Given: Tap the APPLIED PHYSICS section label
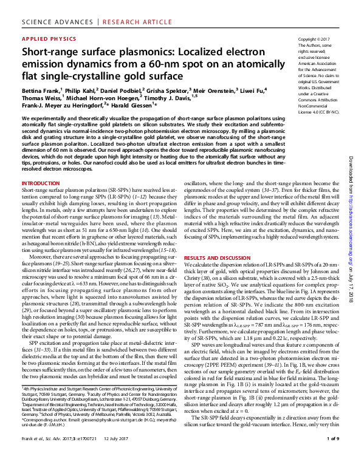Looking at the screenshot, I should coord(46,38).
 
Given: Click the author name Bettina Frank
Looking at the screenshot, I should coord(41,89).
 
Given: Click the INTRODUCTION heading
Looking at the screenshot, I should coord(41,182).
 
